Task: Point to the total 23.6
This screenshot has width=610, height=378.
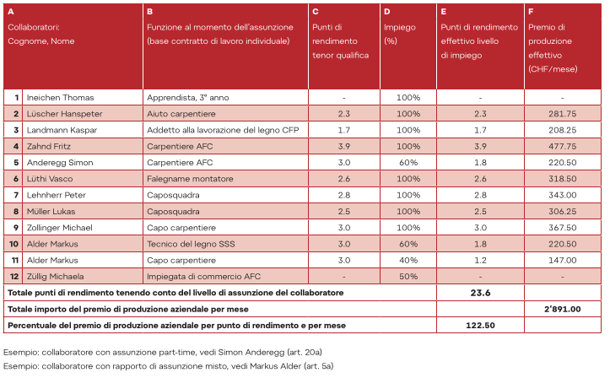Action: (x=479, y=292)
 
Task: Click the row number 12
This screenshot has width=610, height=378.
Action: (x=14, y=276)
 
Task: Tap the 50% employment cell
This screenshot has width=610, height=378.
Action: (x=408, y=276)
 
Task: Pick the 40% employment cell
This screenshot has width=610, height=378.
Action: (x=408, y=260)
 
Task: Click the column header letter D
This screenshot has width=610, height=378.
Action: (x=386, y=12)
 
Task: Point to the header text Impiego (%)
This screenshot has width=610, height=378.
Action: (x=399, y=34)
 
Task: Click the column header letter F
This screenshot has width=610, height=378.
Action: (x=531, y=12)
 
